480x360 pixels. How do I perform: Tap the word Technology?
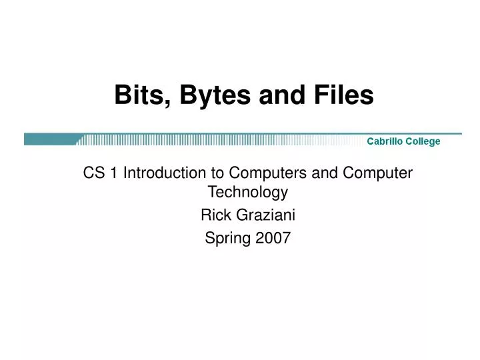(x=248, y=194)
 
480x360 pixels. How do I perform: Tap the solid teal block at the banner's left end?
(x=50, y=139)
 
